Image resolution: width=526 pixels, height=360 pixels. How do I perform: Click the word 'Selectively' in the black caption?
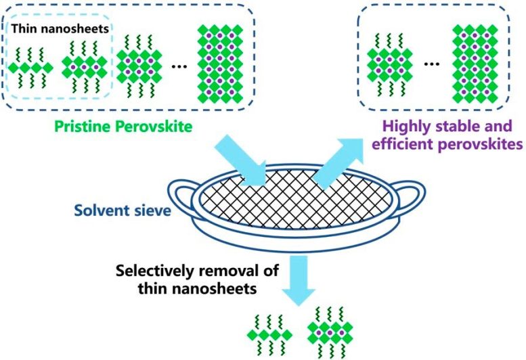(153, 270)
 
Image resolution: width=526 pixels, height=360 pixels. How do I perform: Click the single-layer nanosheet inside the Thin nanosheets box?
(32, 67)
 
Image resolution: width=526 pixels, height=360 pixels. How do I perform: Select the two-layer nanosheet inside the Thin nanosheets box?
(84, 67)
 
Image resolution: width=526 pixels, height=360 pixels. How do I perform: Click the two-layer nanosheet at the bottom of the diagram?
(330, 332)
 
